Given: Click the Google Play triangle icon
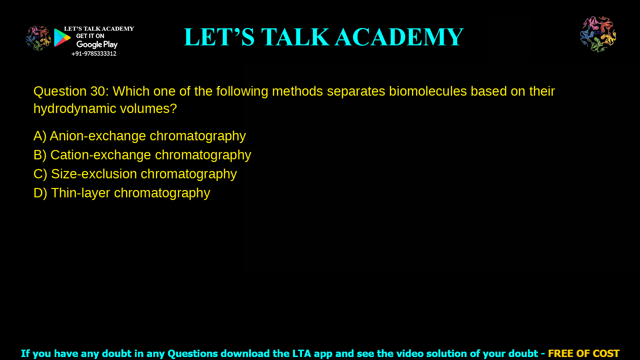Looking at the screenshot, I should tap(62, 38).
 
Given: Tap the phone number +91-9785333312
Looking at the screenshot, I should tap(94, 54).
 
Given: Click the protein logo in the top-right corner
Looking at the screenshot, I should tap(598, 34).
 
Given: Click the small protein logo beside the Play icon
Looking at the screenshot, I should tap(38, 38).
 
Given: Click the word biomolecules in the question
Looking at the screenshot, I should tap(428, 91).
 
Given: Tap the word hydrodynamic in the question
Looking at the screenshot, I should tap(75, 109).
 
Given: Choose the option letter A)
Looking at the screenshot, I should tap(40, 136).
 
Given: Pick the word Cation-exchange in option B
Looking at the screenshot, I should tap(101, 155).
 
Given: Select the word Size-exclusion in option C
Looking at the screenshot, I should tap(94, 174).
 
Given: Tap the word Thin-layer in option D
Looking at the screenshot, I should tap(80, 193).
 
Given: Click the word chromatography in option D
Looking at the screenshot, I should tap(162, 193).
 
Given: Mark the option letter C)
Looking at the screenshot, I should tap(40, 174).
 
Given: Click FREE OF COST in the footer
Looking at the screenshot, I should tap(583, 353).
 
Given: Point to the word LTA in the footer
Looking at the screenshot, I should tap(301, 353).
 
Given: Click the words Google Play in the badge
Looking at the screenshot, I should tap(97, 45).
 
